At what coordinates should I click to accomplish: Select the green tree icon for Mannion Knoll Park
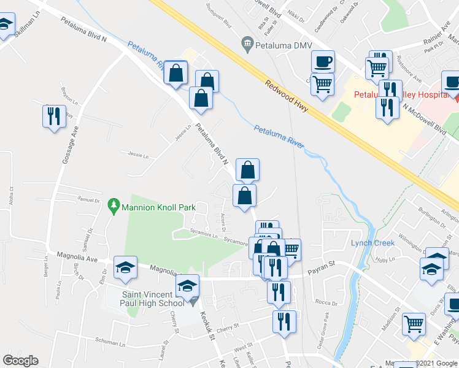click(x=113, y=205)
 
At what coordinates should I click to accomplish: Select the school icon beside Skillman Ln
click(x=5, y=26)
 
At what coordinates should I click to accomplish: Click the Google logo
click(x=20, y=361)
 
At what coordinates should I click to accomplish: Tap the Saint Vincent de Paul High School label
click(x=146, y=298)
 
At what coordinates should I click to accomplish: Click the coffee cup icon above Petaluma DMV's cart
click(x=323, y=61)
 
